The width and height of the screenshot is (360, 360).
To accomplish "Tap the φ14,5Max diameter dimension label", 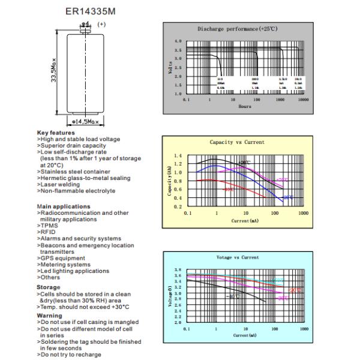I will (x=83, y=122).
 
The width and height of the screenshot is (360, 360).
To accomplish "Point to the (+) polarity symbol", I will (x=101, y=25).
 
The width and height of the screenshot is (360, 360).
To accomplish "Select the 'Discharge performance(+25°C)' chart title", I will (x=235, y=29).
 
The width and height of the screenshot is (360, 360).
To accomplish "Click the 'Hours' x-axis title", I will (x=245, y=106).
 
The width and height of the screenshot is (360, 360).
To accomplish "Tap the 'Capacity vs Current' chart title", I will (x=236, y=142).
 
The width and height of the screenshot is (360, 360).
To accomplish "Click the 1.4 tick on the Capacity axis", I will (x=177, y=155).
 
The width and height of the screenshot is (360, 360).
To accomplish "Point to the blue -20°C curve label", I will (x=289, y=197).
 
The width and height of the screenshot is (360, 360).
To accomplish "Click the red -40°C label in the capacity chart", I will (x=229, y=189).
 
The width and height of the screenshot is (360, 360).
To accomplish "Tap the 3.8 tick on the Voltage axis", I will (x=178, y=271).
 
